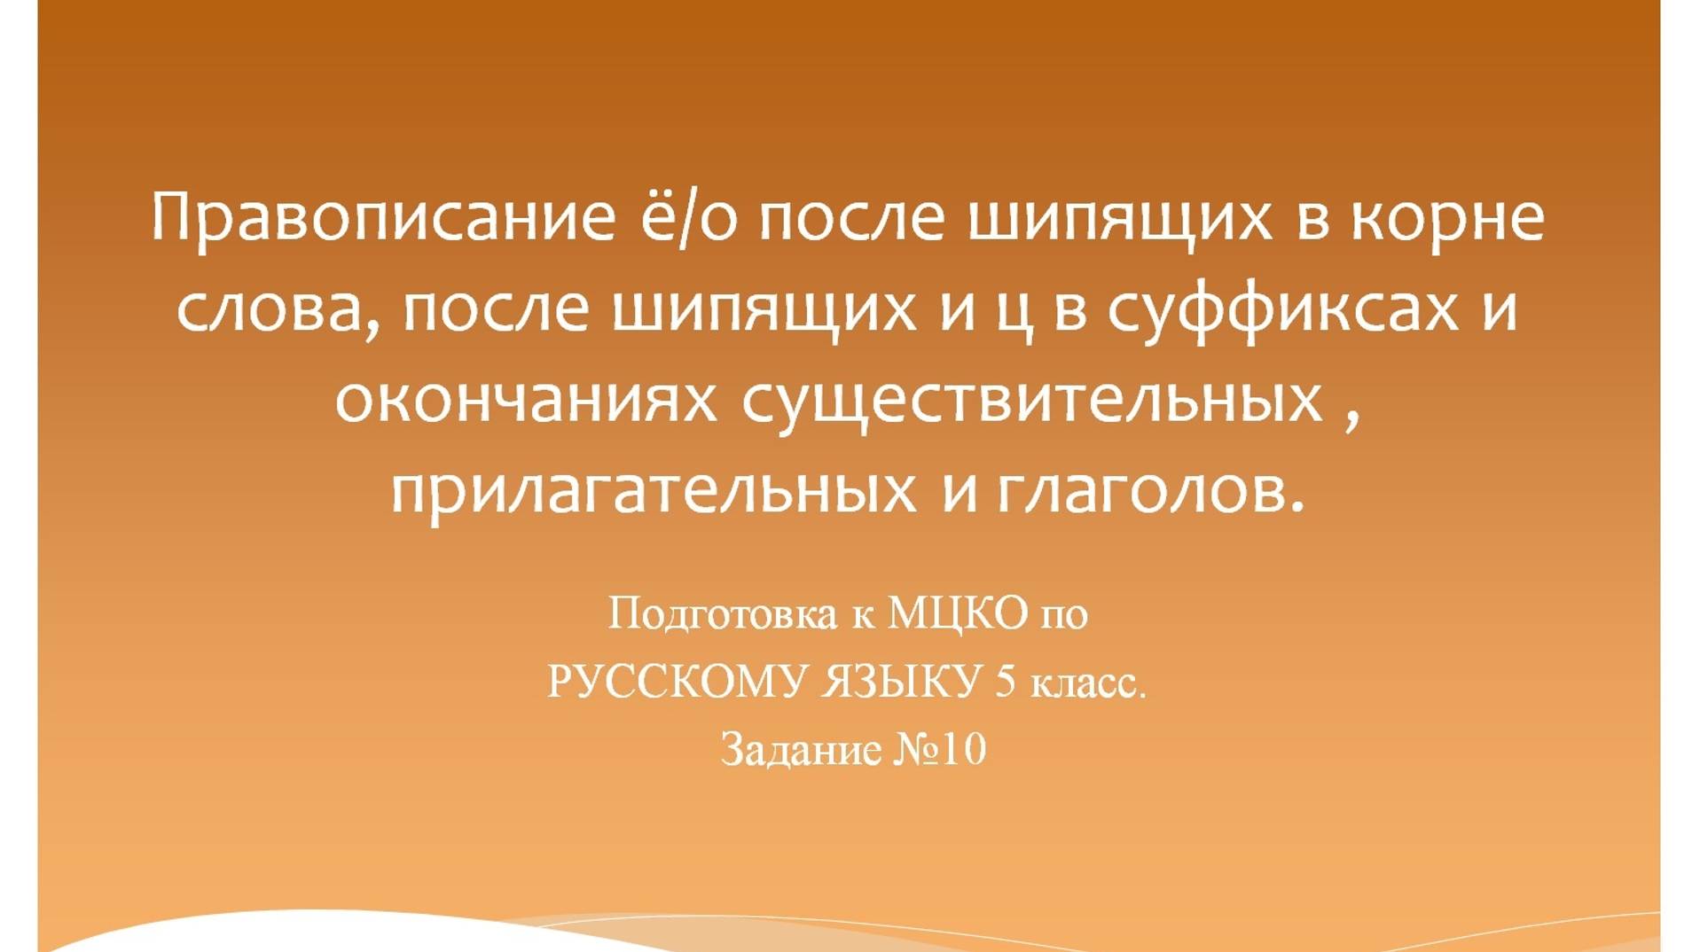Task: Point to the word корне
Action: tap(1448, 218)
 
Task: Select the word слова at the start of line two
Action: tap(270, 309)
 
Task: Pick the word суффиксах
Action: tap(1283, 309)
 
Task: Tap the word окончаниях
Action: tap(525, 401)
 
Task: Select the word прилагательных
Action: tap(654, 492)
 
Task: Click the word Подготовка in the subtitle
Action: tap(722, 613)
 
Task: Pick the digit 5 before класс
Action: tap(1005, 682)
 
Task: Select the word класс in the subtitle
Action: tap(1087, 683)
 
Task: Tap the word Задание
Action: tap(800, 750)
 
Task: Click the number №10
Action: tap(939, 750)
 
